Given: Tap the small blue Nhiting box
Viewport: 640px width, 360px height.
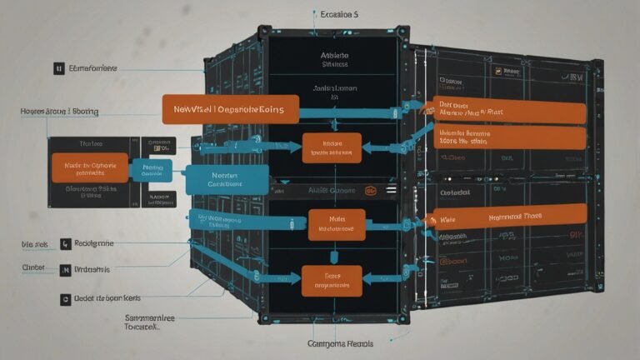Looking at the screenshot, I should [x=152, y=170].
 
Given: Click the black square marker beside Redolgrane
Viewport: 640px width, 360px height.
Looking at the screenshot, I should [x=66, y=243].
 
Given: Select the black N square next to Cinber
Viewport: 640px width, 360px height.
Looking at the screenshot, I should [x=66, y=270].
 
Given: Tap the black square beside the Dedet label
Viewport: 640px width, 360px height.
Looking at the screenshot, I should [x=65, y=297].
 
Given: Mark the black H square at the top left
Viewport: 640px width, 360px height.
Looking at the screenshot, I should [x=58, y=68].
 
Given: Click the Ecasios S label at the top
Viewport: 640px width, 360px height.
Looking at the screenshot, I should [x=339, y=15].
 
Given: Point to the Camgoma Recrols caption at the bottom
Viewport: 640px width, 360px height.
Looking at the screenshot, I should [x=339, y=343].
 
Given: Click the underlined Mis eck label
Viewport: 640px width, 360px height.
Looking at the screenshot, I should [x=34, y=245].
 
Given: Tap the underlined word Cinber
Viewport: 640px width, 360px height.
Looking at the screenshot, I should [x=33, y=268].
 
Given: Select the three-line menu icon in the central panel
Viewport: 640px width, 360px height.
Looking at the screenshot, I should [x=391, y=190].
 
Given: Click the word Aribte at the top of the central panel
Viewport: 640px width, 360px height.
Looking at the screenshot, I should [x=334, y=57].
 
